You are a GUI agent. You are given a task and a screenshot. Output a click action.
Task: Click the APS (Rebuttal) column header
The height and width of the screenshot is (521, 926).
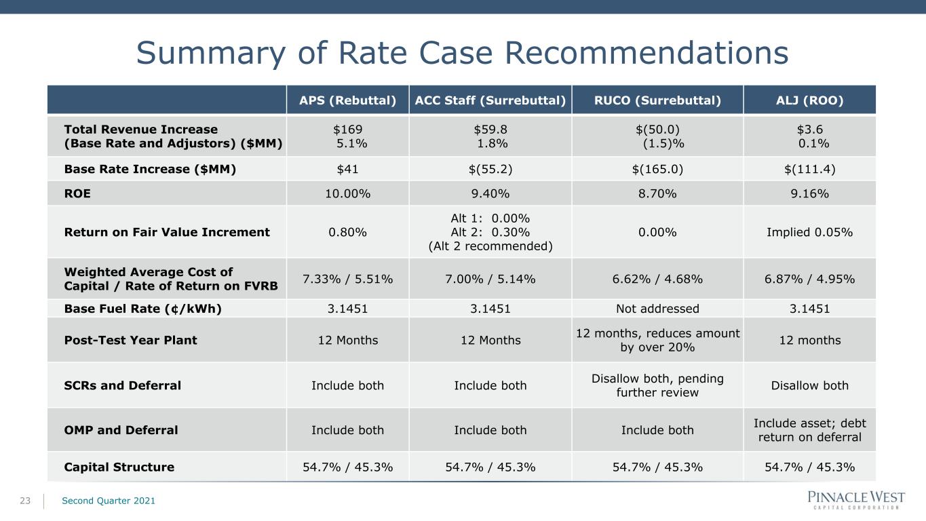(347, 100)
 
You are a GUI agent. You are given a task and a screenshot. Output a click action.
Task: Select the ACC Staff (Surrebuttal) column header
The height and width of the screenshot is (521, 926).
(490, 100)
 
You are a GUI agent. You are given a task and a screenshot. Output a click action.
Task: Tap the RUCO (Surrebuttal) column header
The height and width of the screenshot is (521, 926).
(657, 100)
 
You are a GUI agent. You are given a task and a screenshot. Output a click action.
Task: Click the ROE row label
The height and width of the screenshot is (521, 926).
(77, 193)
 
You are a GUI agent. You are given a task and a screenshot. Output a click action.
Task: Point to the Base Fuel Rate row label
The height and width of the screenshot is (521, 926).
(142, 309)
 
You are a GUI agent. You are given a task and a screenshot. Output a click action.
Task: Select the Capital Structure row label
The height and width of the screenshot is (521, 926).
(119, 467)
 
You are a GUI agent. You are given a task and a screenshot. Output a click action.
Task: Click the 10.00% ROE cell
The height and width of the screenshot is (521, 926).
(347, 193)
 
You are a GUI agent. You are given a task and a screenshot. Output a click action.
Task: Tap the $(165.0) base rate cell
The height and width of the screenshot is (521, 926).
(657, 170)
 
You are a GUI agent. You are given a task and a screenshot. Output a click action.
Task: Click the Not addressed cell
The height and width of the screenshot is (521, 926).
(657, 309)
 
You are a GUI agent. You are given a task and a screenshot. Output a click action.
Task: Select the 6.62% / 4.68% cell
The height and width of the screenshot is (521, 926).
(657, 279)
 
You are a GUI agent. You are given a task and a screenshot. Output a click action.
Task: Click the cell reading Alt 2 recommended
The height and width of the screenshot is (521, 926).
(490, 246)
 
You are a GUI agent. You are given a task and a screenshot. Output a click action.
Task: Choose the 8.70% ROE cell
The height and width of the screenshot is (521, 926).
(657, 193)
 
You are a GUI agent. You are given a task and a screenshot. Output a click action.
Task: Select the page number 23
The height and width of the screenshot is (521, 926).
(25, 501)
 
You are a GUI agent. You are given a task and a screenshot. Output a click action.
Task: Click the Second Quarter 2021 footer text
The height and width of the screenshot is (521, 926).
(109, 501)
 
